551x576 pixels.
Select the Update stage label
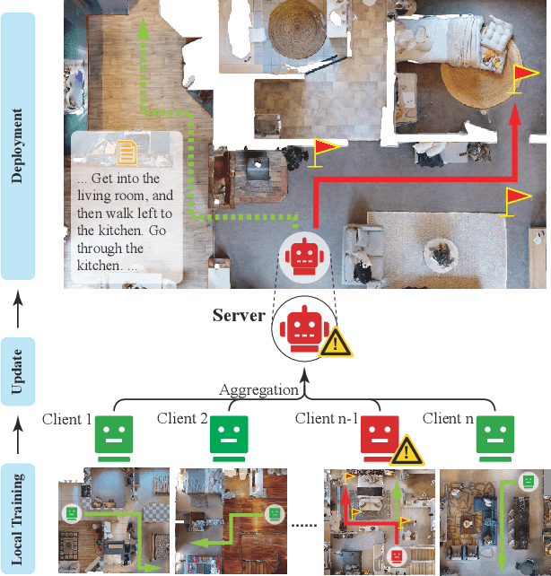click(18, 370)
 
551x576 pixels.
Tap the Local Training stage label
click(18, 518)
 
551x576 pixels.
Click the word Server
click(238, 316)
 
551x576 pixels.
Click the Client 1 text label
click(66, 419)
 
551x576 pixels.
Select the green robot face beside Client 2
click(228, 437)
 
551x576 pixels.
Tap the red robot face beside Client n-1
click(379, 435)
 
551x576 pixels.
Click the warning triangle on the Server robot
click(336, 341)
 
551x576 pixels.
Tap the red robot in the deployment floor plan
click(302, 256)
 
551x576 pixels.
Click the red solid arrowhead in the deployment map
click(513, 115)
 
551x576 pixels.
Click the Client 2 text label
click(182, 418)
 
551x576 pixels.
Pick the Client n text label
click(448, 418)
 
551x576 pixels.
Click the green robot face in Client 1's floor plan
click(71, 513)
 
